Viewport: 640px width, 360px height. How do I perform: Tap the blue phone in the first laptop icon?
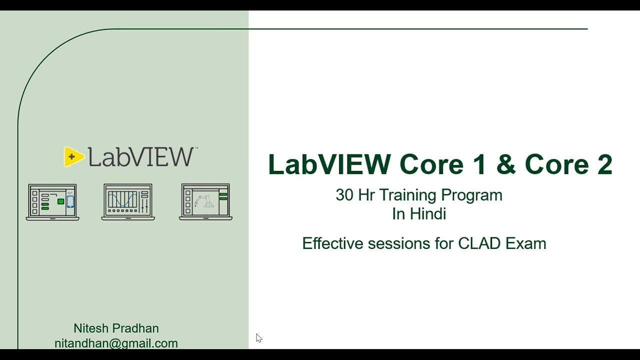70,201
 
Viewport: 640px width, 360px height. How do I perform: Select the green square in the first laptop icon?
60,201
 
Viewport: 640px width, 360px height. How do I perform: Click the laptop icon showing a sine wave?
128,202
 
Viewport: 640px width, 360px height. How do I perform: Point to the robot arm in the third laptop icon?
204,201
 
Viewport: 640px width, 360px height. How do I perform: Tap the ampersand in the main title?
505,164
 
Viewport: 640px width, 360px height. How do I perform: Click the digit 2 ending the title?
604,164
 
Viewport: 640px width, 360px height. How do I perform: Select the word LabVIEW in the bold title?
329,164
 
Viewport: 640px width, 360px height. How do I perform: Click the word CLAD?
479,243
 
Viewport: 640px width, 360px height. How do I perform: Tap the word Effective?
332,243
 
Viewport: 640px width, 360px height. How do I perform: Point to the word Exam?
525,243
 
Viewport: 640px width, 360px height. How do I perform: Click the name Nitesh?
91,328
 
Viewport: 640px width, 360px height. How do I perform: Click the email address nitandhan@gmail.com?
116,343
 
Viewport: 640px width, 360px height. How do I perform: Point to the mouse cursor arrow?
258,338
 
